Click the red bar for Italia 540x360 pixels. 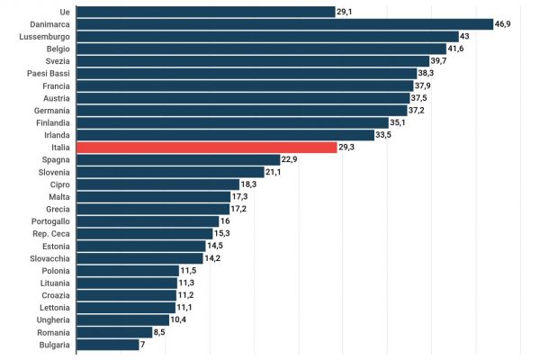tap(207, 147)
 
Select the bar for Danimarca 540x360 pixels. tap(284, 24)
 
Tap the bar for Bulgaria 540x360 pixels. tap(108, 344)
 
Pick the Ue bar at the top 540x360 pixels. tap(206, 12)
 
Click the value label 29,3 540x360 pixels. tap(346, 147)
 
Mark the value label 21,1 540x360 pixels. tap(273, 172)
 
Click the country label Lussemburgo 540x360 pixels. tap(45, 36)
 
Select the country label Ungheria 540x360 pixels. tap(51, 319)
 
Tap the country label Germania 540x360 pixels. tap(50, 110)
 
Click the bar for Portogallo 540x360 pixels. tap(148, 220)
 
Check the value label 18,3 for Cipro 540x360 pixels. tap(248, 184)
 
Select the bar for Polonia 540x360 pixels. tap(128, 270)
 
